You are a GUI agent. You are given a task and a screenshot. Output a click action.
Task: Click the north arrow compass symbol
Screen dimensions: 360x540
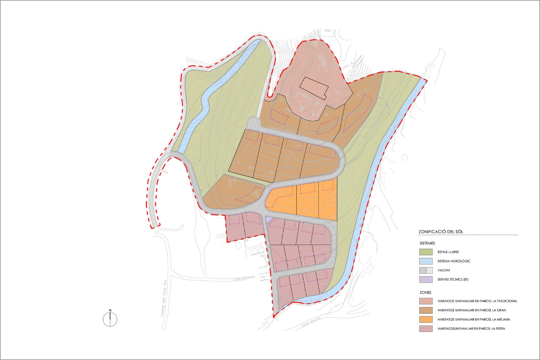(110, 319)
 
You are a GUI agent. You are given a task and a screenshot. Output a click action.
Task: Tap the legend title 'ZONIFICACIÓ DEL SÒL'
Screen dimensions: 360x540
(441, 232)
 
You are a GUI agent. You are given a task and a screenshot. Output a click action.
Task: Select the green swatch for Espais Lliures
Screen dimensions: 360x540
(426, 252)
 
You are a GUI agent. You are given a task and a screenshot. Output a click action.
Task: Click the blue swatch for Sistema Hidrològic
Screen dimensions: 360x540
(426, 261)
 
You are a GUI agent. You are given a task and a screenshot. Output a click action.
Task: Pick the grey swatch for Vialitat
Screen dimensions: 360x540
(426, 270)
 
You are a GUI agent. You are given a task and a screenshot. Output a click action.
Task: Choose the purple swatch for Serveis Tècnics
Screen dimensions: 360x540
(426, 279)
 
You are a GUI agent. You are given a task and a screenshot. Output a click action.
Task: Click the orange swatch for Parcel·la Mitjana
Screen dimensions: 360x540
(426, 319)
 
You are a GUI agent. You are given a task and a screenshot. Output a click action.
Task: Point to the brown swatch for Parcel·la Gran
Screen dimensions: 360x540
(426, 310)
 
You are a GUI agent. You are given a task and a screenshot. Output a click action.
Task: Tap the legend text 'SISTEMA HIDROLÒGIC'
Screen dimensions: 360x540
(454, 261)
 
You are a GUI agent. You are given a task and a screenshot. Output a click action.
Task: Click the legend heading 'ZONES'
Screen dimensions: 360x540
(425, 292)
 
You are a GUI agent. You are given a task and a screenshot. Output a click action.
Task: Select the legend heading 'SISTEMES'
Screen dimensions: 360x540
(427, 243)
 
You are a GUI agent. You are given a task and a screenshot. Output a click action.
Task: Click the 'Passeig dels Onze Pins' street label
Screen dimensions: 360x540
(163, 298)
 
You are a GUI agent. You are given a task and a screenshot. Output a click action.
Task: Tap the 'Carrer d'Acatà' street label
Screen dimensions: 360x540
(311, 323)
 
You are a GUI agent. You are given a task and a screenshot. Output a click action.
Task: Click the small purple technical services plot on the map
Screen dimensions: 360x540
(269, 219)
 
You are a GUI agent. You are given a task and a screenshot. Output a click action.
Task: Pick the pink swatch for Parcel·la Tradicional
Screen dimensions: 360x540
(426, 301)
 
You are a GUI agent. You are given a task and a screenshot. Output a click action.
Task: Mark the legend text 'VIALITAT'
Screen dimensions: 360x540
(444, 270)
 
